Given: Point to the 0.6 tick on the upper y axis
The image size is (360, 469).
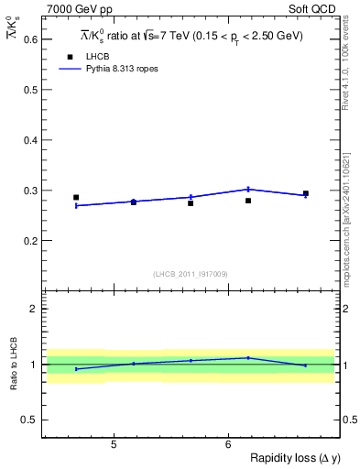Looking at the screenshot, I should click(27, 40).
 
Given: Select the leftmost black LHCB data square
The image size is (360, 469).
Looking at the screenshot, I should click(76, 197).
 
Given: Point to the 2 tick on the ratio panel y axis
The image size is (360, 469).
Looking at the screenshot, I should click(33, 309).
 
